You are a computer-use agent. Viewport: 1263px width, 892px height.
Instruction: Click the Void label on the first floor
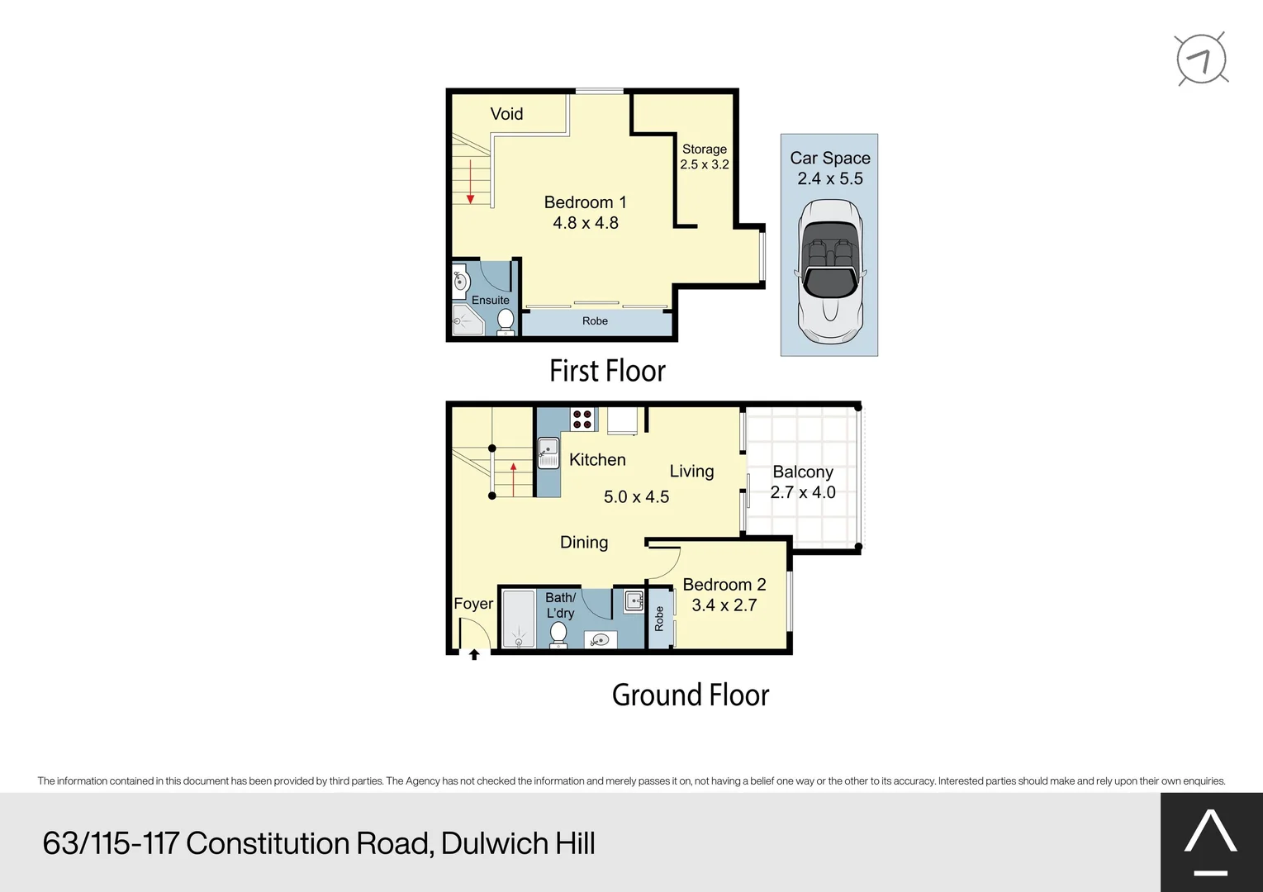coord(506,114)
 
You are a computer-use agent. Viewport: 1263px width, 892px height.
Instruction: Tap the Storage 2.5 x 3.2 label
coord(705,157)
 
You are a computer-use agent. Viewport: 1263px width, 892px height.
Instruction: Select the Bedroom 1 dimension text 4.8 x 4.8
coord(586,223)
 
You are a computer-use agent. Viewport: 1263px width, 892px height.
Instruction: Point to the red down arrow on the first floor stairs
coord(471,182)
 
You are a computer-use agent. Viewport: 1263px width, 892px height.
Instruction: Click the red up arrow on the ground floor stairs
coord(514,480)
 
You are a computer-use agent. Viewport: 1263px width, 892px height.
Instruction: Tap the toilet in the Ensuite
coord(506,320)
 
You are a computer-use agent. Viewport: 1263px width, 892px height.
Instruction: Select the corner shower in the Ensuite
coord(467,320)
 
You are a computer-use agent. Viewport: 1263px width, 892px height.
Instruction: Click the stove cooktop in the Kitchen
coord(582,420)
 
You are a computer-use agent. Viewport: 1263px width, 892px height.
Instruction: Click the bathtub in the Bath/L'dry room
coord(518,619)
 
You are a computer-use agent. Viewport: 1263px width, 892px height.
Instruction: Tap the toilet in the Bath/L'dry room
coord(558,634)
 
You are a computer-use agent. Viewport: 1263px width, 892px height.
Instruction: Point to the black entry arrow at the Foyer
coord(474,655)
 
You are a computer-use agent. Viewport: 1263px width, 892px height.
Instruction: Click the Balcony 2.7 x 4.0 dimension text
coord(803,492)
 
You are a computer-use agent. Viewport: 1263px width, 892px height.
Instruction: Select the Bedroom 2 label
coord(724,585)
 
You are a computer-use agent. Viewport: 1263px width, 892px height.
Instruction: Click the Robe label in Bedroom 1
coord(595,321)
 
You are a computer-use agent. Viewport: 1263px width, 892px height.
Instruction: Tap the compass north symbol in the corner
coord(1202,59)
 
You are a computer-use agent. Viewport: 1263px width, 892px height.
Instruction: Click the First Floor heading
coord(607,371)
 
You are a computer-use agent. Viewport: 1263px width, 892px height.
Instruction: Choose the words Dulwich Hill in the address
coord(518,843)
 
